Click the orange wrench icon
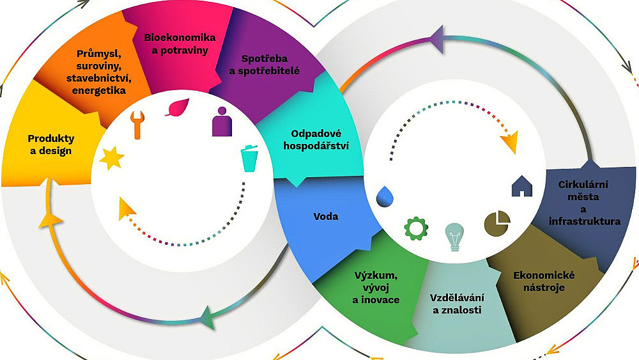pyautogui.click(x=137, y=125)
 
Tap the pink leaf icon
pyautogui.click(x=178, y=107)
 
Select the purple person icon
pyautogui.click(x=222, y=121)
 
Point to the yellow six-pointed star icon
pyautogui.click(x=112, y=158)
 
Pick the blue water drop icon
pyautogui.click(x=385, y=196)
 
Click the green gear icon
pyautogui.click(x=416, y=229)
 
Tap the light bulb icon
pyautogui.click(x=454, y=237)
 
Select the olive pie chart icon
pyautogui.click(x=497, y=223)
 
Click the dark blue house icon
pyautogui.click(x=522, y=186)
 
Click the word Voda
pyautogui.click(x=326, y=216)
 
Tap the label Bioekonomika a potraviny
pyautogui.click(x=180, y=44)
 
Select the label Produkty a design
pyautogui.click(x=51, y=145)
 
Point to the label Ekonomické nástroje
pyautogui.click(x=544, y=281)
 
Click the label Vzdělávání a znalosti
pyautogui.click(x=457, y=304)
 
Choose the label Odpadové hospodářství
pyautogui.click(x=316, y=139)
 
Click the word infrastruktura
pyautogui.click(x=585, y=221)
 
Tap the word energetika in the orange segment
pyautogui.click(x=99, y=90)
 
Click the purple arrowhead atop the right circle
pyautogui.click(x=437, y=39)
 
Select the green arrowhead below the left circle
pyautogui.click(x=208, y=317)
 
